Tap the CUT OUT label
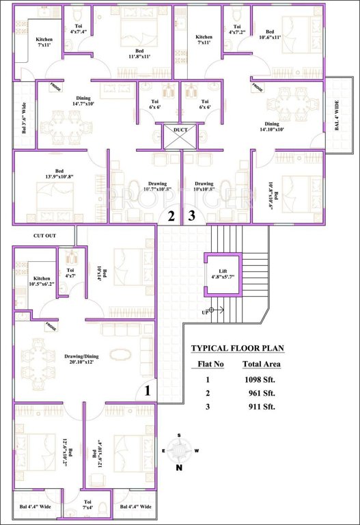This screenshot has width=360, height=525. coord(44,236)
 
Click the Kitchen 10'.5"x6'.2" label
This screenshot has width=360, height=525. coord(42,281)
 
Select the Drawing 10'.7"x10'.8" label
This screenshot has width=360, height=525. coord(143,187)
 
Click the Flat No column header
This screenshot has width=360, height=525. coord(210,364)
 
